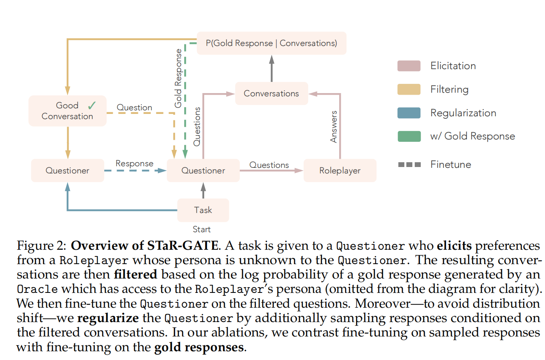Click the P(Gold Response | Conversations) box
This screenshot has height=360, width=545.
click(271, 43)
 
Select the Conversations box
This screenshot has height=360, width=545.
click(271, 93)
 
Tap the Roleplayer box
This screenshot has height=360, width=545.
click(340, 171)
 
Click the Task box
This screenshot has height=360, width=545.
click(203, 210)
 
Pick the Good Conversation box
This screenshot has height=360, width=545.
click(67, 111)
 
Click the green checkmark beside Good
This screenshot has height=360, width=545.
click(92, 105)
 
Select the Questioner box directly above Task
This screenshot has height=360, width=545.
click(203, 171)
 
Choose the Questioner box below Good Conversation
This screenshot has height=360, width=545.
click(67, 171)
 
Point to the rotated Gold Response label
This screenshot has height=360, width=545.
click(178, 78)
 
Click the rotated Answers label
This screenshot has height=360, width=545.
click(334, 127)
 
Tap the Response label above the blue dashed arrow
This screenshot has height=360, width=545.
click(134, 163)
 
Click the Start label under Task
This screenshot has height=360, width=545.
click(201, 229)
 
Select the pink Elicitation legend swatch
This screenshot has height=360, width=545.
click(409, 66)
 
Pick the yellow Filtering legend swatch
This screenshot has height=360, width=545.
click(409, 90)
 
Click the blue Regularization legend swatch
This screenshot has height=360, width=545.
click(409, 113)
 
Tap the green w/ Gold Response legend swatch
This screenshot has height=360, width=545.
click(409, 136)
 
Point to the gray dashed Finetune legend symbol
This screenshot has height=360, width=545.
click(409, 165)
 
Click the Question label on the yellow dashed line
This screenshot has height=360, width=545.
click(134, 107)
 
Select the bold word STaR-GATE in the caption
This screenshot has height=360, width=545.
click(183, 245)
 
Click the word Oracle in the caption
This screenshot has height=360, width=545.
click(37, 289)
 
